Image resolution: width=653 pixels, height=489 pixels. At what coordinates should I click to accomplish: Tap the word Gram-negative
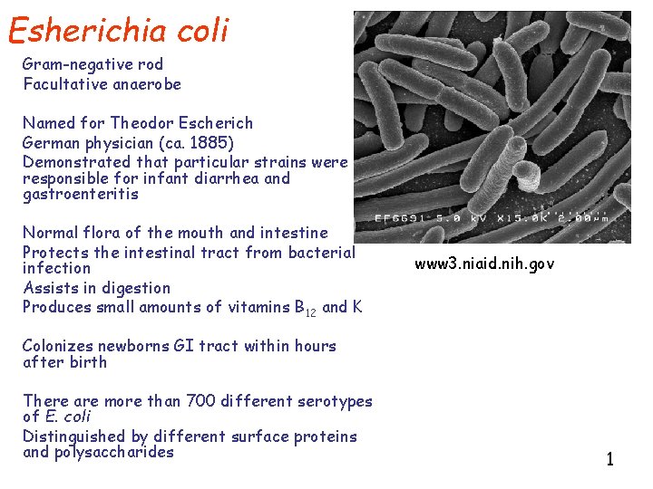tap(68, 64)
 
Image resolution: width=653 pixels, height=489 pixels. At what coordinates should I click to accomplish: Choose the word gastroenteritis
tap(81, 195)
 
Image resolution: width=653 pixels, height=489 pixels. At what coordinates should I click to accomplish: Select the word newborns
tap(131, 346)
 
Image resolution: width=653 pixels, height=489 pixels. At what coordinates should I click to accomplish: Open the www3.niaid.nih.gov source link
tap(484, 264)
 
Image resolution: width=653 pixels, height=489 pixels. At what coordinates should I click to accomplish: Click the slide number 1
tap(610, 459)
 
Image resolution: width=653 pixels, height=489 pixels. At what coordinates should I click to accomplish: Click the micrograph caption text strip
tap(495, 218)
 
